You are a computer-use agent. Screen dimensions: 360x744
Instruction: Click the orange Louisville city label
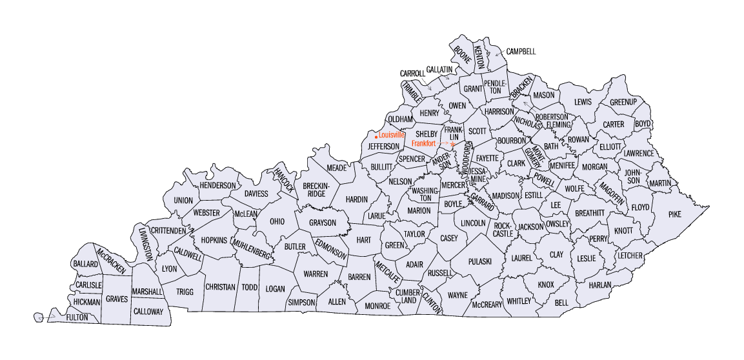pos(392,135)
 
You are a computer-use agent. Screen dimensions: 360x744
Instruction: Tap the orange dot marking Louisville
pos(376,136)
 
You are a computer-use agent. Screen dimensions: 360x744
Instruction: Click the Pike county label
pos(674,214)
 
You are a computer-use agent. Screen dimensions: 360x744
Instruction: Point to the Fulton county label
pos(77,317)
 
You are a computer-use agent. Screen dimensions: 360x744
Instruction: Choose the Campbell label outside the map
pos(521,51)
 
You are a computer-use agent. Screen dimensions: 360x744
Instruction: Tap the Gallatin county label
pos(439,69)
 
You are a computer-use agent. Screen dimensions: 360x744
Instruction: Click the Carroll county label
pos(412,74)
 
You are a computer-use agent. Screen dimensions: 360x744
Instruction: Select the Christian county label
pos(220,287)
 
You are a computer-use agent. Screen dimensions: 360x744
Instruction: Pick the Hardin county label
pos(356,199)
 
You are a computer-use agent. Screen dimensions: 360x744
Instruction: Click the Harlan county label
pos(599,284)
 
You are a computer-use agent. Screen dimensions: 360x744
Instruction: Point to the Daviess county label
pos(256,194)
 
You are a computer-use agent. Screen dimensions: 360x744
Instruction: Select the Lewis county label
pos(583,102)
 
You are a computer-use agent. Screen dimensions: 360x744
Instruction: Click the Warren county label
pos(316,274)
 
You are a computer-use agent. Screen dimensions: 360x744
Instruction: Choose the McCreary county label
pos(487,304)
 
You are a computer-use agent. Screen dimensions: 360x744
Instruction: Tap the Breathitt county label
pos(589,212)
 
